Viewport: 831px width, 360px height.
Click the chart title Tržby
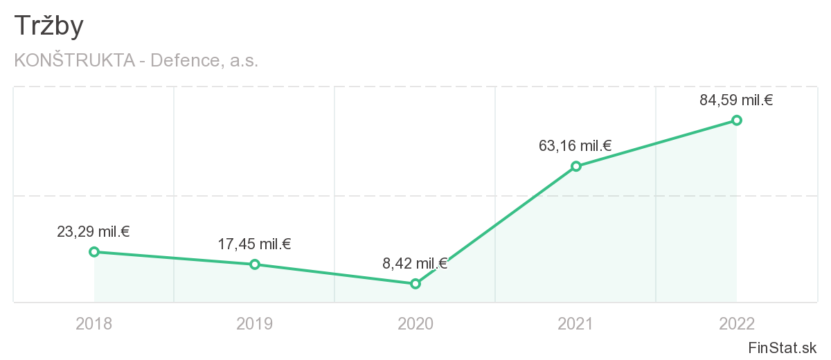coord(48,26)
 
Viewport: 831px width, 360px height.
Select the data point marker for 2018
coord(94,252)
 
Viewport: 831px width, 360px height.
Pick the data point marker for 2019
coord(255,264)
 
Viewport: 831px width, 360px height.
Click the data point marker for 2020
coord(415,284)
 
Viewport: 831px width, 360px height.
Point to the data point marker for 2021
coord(576,166)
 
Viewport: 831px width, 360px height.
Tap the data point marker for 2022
coord(737,120)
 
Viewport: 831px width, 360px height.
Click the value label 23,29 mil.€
coord(93,232)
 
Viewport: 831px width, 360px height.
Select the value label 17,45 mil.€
coord(254,244)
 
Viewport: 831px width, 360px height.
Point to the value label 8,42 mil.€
coord(415,263)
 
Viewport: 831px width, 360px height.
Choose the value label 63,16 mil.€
coord(575,146)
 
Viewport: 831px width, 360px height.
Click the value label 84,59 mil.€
coord(736,100)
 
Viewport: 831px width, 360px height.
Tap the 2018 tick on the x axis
coord(94,323)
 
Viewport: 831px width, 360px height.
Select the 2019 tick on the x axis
coord(255,323)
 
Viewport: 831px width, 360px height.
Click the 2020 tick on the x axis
coord(415,323)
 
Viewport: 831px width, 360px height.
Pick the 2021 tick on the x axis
coord(576,323)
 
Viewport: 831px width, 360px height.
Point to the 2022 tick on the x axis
coord(737,323)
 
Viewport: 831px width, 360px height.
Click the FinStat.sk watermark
coord(783,347)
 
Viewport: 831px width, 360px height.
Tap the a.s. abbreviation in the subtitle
coord(243,60)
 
